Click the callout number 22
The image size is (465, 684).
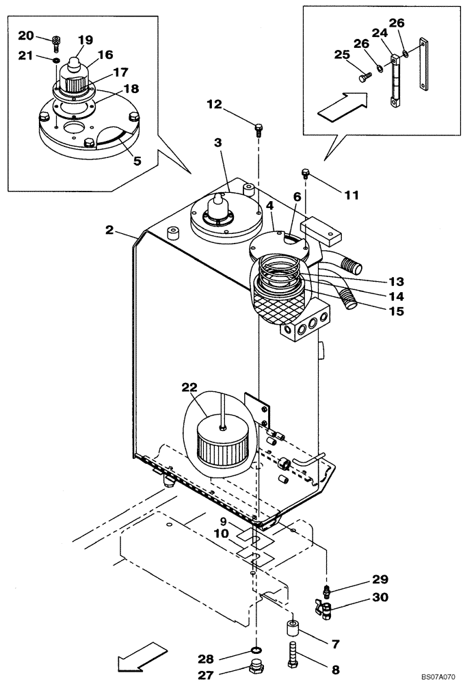[x=189, y=387]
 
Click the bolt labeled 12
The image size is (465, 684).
[x=258, y=127]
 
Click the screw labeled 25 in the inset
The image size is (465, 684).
[x=362, y=79]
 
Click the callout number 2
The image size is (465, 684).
[x=109, y=231]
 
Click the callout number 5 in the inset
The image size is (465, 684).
[x=137, y=161]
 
